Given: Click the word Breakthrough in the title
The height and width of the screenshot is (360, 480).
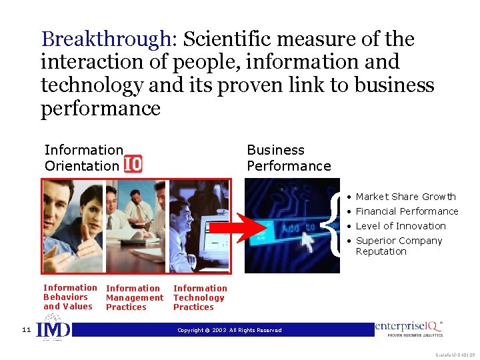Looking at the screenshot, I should [x=106, y=40].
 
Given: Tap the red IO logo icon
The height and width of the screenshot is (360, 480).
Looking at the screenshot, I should [x=133, y=164].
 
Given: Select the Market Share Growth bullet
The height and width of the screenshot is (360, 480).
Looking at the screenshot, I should [x=405, y=197].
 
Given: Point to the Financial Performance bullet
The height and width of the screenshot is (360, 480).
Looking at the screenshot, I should [x=407, y=211].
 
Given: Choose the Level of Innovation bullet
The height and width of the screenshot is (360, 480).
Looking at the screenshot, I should [x=400, y=226].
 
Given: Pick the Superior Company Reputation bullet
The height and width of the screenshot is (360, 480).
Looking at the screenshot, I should [x=399, y=246].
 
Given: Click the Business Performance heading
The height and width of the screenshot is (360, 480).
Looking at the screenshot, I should [x=288, y=158].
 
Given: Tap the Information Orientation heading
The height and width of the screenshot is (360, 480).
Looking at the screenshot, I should [x=83, y=158].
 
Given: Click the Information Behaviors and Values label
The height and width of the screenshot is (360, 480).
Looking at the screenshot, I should [x=69, y=297].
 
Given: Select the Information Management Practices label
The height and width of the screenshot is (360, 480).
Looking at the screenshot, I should [x=134, y=298].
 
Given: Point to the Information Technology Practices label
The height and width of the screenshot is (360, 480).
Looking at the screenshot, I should [x=199, y=298].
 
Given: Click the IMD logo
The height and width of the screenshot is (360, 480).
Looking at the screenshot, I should [x=53, y=331].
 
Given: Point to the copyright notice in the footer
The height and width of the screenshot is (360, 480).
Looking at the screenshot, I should [x=229, y=330].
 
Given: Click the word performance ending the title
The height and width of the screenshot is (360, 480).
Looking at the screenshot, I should [x=101, y=108].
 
